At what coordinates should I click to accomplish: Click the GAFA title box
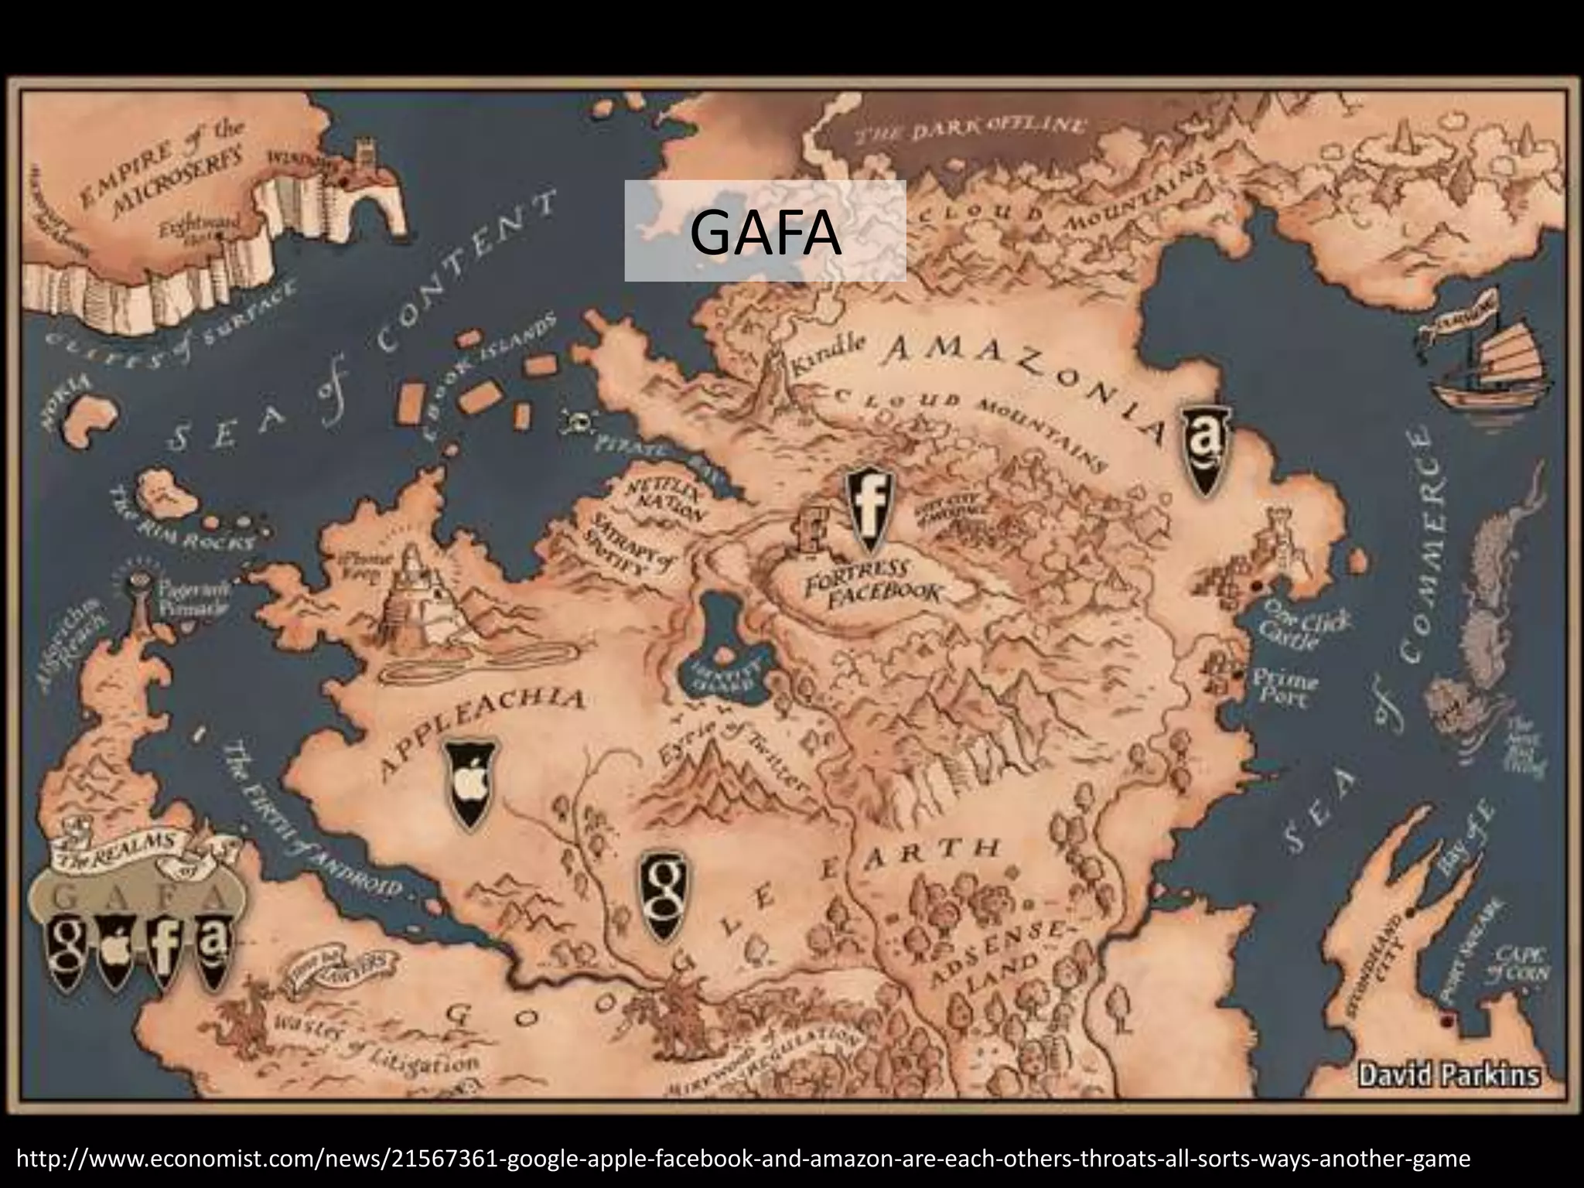tap(765, 230)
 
